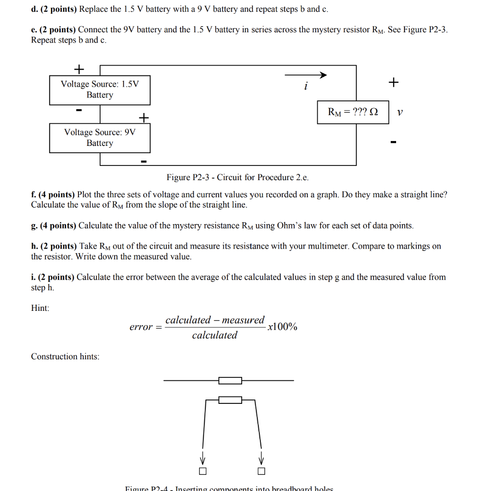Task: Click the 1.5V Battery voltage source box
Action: [x=100, y=90]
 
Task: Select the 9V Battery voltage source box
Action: [x=100, y=138]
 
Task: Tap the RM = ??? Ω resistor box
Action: [x=353, y=112]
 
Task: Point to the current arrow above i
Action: [x=305, y=75]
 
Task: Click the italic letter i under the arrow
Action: [x=305, y=87]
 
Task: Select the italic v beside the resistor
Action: [x=400, y=113]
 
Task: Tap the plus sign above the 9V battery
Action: [x=143, y=117]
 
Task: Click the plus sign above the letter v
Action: [x=393, y=82]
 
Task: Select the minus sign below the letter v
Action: [x=393, y=143]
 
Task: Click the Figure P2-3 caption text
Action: [x=237, y=177]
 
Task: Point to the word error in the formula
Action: [x=141, y=327]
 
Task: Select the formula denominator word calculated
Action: [x=214, y=335]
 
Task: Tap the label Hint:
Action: [x=40, y=308]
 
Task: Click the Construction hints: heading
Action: [x=65, y=356]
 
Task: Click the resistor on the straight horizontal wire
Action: [x=230, y=380]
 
